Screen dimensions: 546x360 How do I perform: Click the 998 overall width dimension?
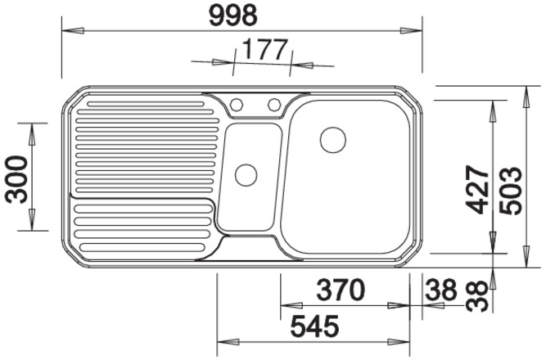[x=233, y=16]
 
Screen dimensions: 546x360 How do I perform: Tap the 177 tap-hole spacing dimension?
[x=265, y=50]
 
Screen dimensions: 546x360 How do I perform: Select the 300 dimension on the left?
[x=16, y=180]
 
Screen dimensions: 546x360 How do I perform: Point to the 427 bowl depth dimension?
[x=477, y=190]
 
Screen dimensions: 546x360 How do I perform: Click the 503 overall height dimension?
[x=511, y=191]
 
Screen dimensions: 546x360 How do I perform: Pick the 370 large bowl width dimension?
[x=341, y=290]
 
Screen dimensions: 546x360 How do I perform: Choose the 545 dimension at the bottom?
[x=315, y=326]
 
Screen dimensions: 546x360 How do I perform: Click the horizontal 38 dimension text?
[x=440, y=290]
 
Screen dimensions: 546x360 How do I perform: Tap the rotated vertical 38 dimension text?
[x=477, y=296]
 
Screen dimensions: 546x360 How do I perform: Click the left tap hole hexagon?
[x=236, y=104]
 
